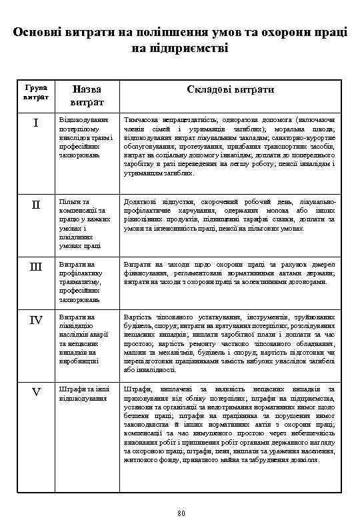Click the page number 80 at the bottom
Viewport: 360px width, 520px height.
(x=180, y=511)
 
